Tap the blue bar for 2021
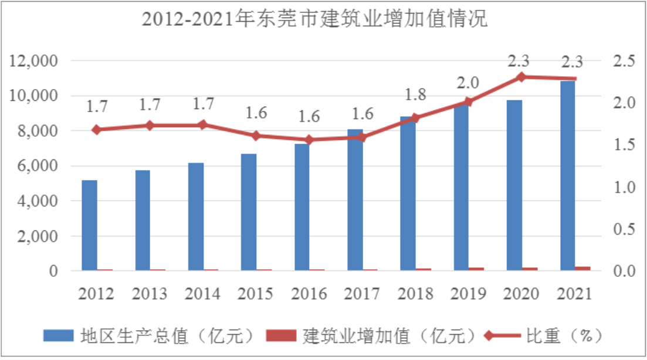[x=567, y=176]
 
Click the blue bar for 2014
[x=195, y=216]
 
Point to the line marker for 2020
[x=521, y=77]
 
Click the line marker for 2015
[x=256, y=136]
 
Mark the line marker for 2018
[x=415, y=118]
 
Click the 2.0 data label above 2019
[x=468, y=82]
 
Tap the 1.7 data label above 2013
[x=150, y=105]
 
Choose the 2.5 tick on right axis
[x=624, y=61]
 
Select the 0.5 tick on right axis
[x=624, y=229]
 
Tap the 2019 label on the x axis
[x=468, y=293]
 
